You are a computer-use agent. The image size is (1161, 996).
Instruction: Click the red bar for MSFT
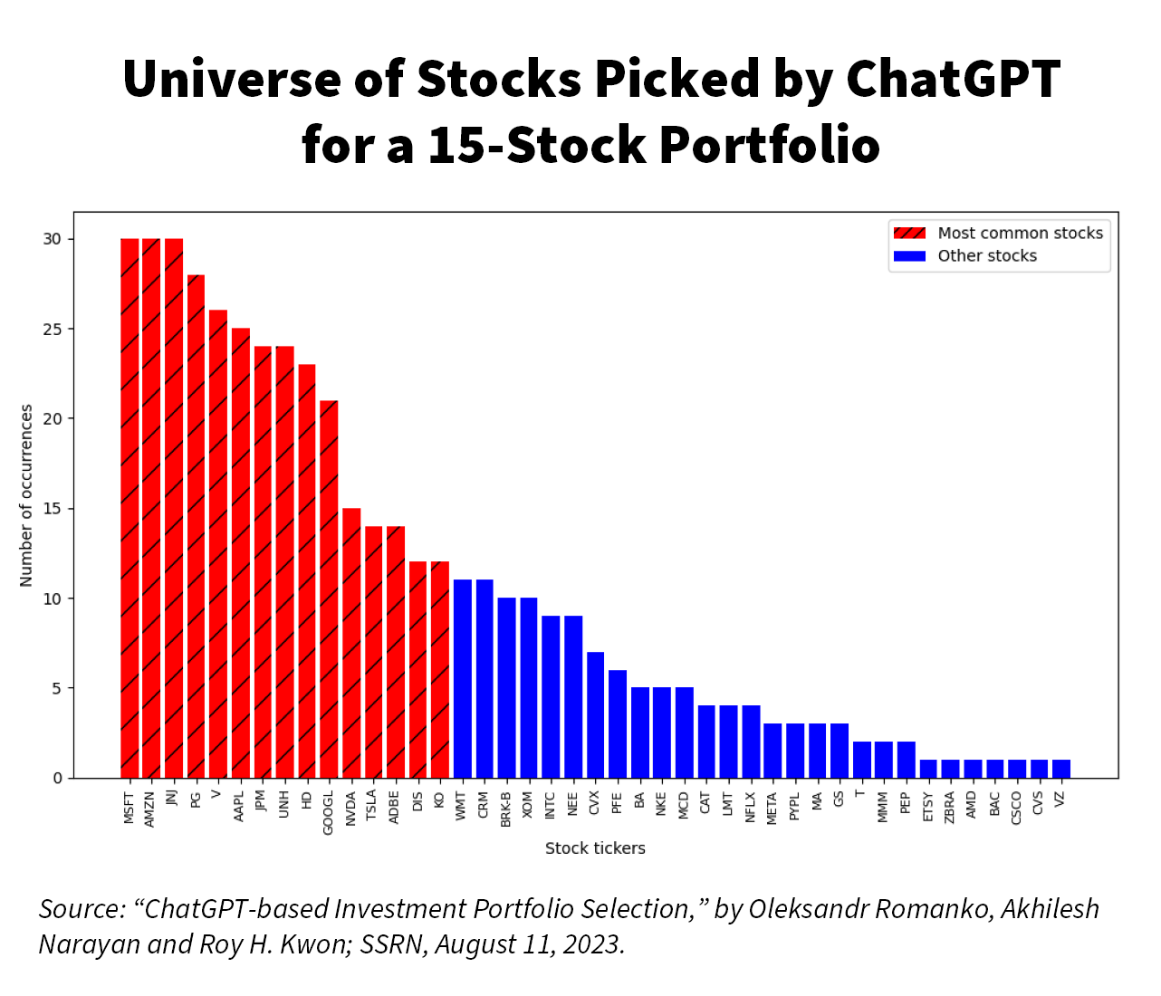tap(130, 507)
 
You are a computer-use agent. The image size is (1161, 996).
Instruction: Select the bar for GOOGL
tap(329, 589)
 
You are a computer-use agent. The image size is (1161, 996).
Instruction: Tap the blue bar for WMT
tap(462, 679)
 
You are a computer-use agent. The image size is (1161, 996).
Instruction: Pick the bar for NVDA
tap(351, 643)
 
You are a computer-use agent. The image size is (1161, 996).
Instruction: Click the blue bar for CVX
tap(595, 715)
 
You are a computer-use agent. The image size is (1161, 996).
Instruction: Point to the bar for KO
tap(440, 670)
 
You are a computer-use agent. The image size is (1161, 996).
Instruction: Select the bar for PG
tap(196, 525)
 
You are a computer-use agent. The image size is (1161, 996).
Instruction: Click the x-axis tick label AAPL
tap(240, 807)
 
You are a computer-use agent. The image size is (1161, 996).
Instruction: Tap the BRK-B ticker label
tap(506, 809)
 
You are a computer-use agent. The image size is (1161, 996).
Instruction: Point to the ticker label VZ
tap(1060, 800)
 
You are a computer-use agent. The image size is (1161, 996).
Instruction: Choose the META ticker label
tap(772, 808)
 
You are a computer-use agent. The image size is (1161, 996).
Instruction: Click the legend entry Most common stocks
tap(1020, 234)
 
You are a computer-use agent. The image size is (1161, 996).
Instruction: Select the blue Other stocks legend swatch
tap(909, 256)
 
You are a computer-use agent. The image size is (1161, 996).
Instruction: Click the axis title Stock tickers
tap(595, 848)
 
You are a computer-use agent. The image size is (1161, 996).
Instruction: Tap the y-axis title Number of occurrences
tap(26, 495)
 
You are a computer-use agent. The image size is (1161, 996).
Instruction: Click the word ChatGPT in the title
tap(953, 79)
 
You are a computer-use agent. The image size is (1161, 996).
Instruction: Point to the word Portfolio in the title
tap(769, 145)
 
